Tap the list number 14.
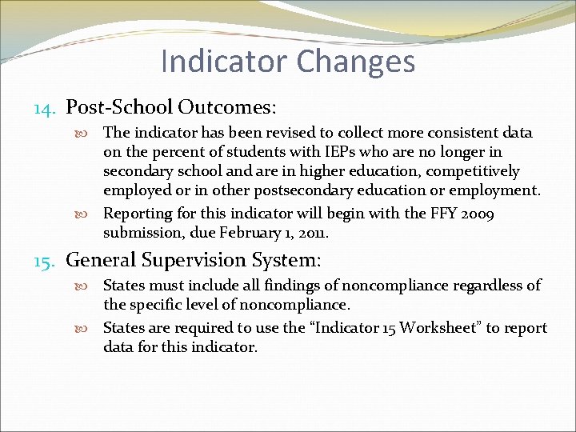coord(46,107)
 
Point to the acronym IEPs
coord(320,152)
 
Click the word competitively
coord(475,171)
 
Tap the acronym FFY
coord(466,214)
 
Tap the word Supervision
coord(202,260)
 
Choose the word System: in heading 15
coord(292,260)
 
